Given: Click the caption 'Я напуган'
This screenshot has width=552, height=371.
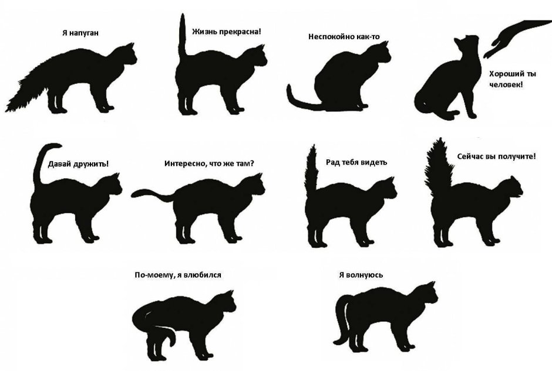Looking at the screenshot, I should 80,33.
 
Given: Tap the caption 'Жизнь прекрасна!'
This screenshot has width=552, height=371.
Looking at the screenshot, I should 227,31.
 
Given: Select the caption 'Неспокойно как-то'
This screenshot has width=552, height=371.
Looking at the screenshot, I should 344,36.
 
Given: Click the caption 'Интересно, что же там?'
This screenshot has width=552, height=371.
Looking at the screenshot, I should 213,164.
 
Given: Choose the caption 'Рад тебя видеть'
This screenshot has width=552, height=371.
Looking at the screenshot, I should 356,162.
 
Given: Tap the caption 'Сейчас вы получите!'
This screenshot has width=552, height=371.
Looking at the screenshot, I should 496,157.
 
